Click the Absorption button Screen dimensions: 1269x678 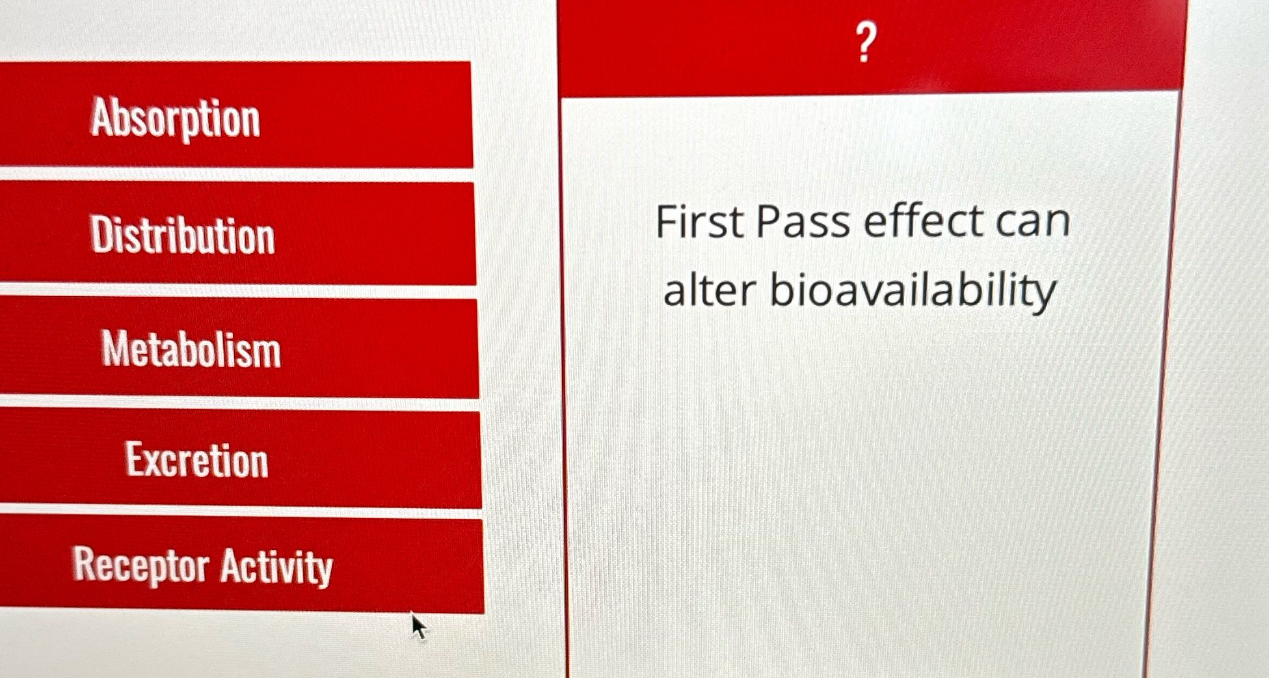point(235,115)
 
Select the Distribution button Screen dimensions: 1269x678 point(237,233)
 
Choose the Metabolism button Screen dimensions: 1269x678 point(239,348)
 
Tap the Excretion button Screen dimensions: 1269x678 point(240,459)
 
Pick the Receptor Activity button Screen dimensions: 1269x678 point(241,564)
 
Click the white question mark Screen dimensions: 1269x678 point(865,42)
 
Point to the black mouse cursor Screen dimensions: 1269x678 point(418,626)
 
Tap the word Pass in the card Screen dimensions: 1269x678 point(803,221)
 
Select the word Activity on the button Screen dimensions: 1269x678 point(276,567)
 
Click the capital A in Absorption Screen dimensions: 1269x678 point(104,115)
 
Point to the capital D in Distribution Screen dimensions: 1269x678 point(103,234)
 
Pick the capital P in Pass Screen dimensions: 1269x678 point(769,221)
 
